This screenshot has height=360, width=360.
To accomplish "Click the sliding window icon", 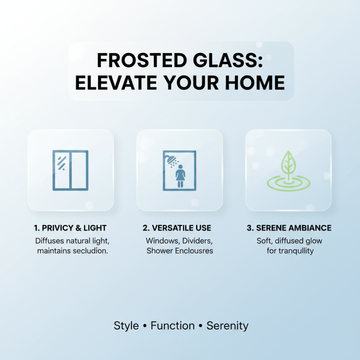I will coord(70,170).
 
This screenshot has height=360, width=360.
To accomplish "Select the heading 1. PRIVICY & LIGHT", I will coord(71,228).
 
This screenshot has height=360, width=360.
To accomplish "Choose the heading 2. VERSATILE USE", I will coord(180,228).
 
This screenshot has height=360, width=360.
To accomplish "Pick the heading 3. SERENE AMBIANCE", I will coord(288,228).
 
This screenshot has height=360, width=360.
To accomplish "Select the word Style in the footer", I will coord(126,326).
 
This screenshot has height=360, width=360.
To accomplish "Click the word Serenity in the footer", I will coord(227,326).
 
